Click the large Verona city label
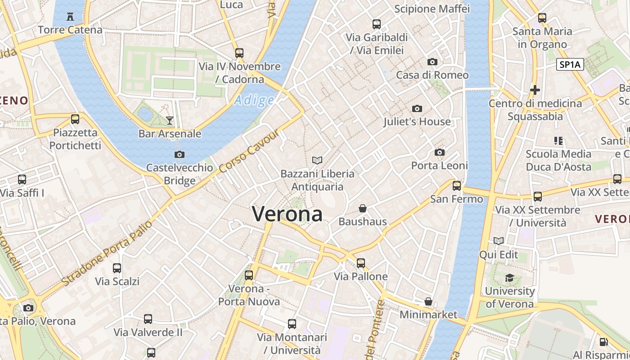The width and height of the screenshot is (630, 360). coord(287,214)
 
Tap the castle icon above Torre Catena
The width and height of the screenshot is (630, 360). coord(70,17)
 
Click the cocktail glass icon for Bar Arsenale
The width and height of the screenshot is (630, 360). coord(170,120)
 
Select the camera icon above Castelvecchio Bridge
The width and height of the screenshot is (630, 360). coord(179,154)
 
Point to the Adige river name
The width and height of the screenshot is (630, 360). coord(254,100)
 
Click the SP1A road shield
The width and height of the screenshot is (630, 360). coord(570,65)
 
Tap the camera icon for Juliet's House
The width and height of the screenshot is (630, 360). coord(417,108)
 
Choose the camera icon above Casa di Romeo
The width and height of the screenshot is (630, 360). coord(432,62)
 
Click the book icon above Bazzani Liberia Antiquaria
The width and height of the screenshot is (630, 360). coord(317,160)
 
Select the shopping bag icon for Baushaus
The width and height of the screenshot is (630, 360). coord(363,208)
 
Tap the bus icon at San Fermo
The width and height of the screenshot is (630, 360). coord(457,185)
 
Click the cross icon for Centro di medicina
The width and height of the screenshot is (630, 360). coord(535,90)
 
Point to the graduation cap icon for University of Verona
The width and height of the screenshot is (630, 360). coord(509,278)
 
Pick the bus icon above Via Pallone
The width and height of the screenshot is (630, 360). coord(361,263)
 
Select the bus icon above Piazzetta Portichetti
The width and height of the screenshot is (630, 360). coord(75,119)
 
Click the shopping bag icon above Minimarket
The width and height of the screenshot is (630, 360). coord(428,301)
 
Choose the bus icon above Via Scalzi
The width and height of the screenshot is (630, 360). coord(117,268)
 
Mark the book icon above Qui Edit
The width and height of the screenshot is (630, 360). coord(499,241)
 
